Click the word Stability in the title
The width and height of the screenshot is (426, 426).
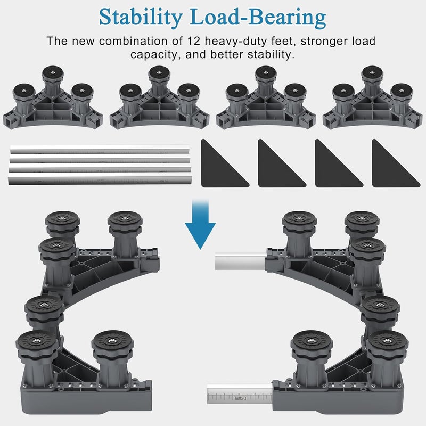click(x=141, y=18)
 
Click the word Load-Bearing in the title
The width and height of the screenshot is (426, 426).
click(x=258, y=18)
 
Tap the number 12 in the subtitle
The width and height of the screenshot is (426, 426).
click(x=194, y=41)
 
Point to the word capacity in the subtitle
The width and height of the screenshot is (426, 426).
click(x=153, y=55)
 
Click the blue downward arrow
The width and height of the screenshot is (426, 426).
click(x=200, y=224)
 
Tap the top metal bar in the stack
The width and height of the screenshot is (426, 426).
click(x=100, y=150)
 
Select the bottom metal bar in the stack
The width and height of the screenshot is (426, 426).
click(x=100, y=180)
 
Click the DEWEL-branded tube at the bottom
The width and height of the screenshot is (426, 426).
click(x=240, y=394)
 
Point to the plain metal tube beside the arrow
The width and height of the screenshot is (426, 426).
click(x=240, y=261)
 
